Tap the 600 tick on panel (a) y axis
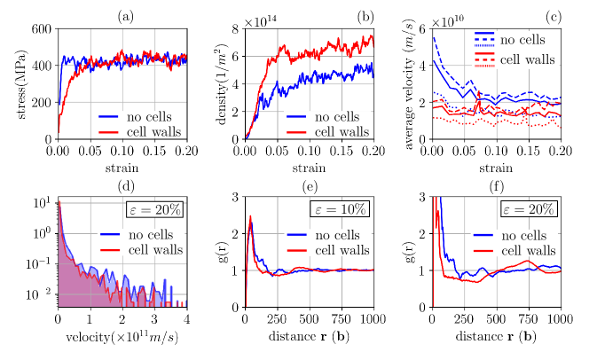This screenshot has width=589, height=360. point(41,29)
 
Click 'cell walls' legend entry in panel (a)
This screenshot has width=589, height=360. point(151,131)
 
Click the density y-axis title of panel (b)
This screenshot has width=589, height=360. point(216,83)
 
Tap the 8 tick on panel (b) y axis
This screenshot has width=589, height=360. point(235,29)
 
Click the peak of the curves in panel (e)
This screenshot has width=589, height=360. point(251,218)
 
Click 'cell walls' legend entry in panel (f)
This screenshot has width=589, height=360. point(526,251)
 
